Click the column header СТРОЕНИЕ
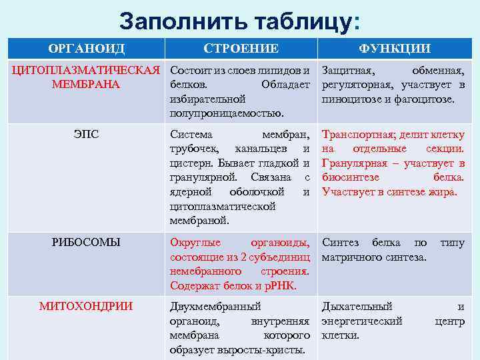[241, 48]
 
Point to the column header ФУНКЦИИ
[395, 48]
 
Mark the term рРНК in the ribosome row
[281, 286]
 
